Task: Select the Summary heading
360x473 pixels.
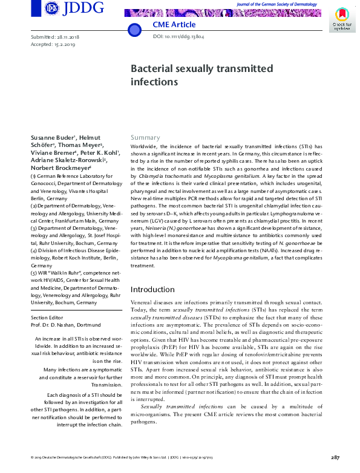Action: point(145,138)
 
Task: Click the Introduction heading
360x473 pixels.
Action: point(157,290)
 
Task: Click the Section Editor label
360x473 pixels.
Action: point(49,318)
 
